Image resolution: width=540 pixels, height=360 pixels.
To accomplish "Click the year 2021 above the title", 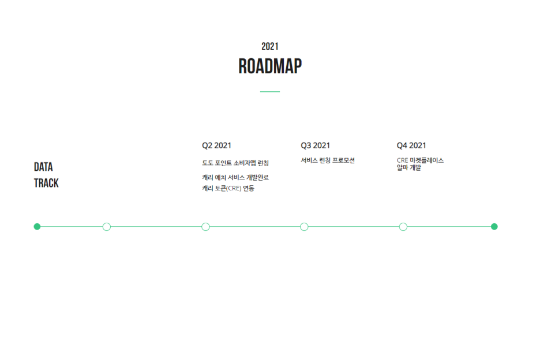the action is [269, 47].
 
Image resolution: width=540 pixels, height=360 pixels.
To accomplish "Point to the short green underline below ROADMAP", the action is [269, 92].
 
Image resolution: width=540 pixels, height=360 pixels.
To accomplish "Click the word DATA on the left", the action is [43, 167].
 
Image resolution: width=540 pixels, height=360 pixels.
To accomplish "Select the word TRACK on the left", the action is [46, 183].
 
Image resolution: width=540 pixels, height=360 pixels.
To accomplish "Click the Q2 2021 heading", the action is [216, 145].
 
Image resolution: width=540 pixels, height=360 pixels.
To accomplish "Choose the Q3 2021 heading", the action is [315, 145].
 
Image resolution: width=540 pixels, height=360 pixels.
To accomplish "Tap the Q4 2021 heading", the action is [411, 145].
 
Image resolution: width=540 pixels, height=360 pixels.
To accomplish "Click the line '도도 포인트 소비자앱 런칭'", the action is [235, 163].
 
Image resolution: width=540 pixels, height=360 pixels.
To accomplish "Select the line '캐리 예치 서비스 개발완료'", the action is [235, 178].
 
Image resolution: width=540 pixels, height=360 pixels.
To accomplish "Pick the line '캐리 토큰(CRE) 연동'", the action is [228, 189].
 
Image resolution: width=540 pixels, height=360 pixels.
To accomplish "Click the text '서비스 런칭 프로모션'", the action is [328, 160].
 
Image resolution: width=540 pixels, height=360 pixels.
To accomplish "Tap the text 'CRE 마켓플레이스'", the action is [420, 160].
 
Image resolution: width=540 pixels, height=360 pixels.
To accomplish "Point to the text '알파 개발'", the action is [408, 168].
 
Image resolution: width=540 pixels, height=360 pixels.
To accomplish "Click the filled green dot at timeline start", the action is [37, 227].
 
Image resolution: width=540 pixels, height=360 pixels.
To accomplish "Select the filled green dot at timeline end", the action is [494, 227].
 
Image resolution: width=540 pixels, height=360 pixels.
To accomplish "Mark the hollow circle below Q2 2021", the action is [205, 227].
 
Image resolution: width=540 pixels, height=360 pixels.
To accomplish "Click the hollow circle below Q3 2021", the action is [304, 227].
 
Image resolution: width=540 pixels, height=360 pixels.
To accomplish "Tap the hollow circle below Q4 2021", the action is [403, 227].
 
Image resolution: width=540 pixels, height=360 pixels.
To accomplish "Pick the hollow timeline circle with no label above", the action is [106, 227].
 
